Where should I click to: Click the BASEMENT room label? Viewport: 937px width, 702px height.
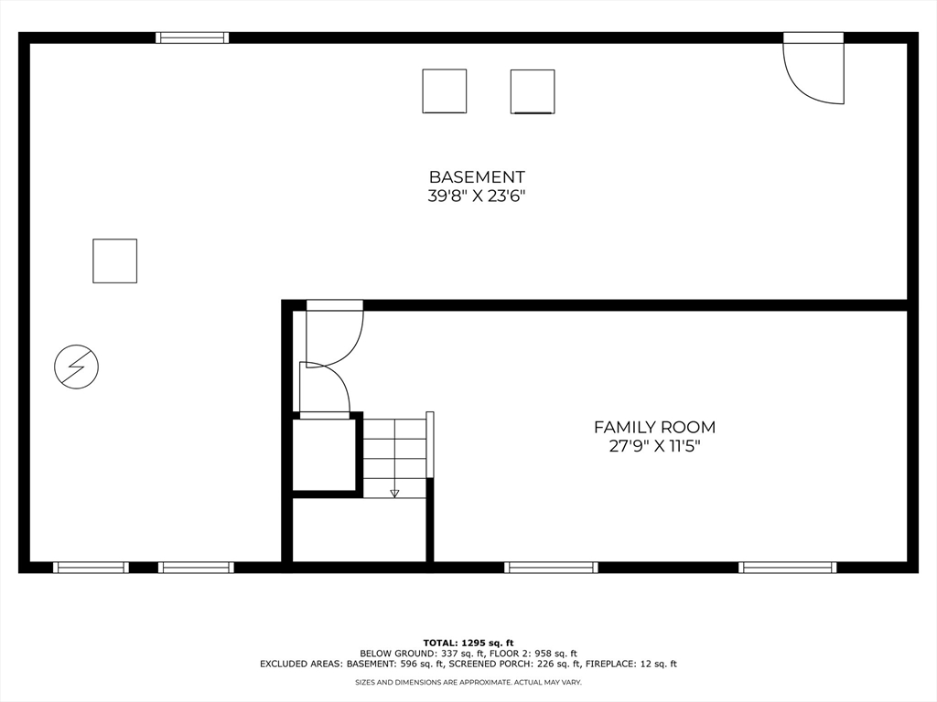coord(477,176)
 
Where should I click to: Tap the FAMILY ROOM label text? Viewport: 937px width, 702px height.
coord(654,427)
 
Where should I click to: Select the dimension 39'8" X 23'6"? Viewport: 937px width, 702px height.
coord(477,196)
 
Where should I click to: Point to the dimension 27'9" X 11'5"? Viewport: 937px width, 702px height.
coord(654,446)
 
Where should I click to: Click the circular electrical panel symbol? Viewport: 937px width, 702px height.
coord(76,367)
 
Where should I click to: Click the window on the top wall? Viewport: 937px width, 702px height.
coord(191,37)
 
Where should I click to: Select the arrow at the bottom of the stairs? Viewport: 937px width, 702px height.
coord(394,493)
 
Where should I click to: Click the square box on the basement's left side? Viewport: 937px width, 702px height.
coord(114,261)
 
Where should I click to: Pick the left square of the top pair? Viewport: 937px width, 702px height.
coord(444,91)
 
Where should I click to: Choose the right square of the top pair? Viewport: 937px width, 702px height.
coord(533,91)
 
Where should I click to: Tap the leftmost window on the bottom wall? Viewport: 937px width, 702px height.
coord(91,568)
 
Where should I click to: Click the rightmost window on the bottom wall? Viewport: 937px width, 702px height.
coord(787,568)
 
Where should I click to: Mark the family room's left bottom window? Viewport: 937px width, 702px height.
coord(551,568)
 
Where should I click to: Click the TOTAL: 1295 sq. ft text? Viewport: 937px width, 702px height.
coord(468,643)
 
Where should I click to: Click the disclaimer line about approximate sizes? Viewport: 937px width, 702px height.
coord(468,682)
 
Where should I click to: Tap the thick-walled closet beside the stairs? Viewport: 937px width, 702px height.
coord(323,454)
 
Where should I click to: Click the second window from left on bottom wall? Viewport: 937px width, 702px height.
coord(196,568)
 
